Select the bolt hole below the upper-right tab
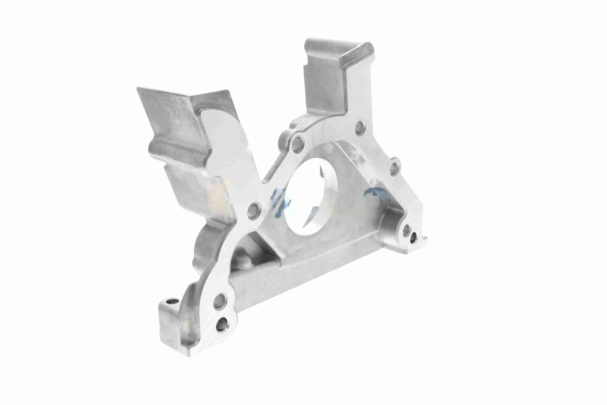click(x=360, y=127)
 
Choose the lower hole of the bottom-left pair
click(x=222, y=323)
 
